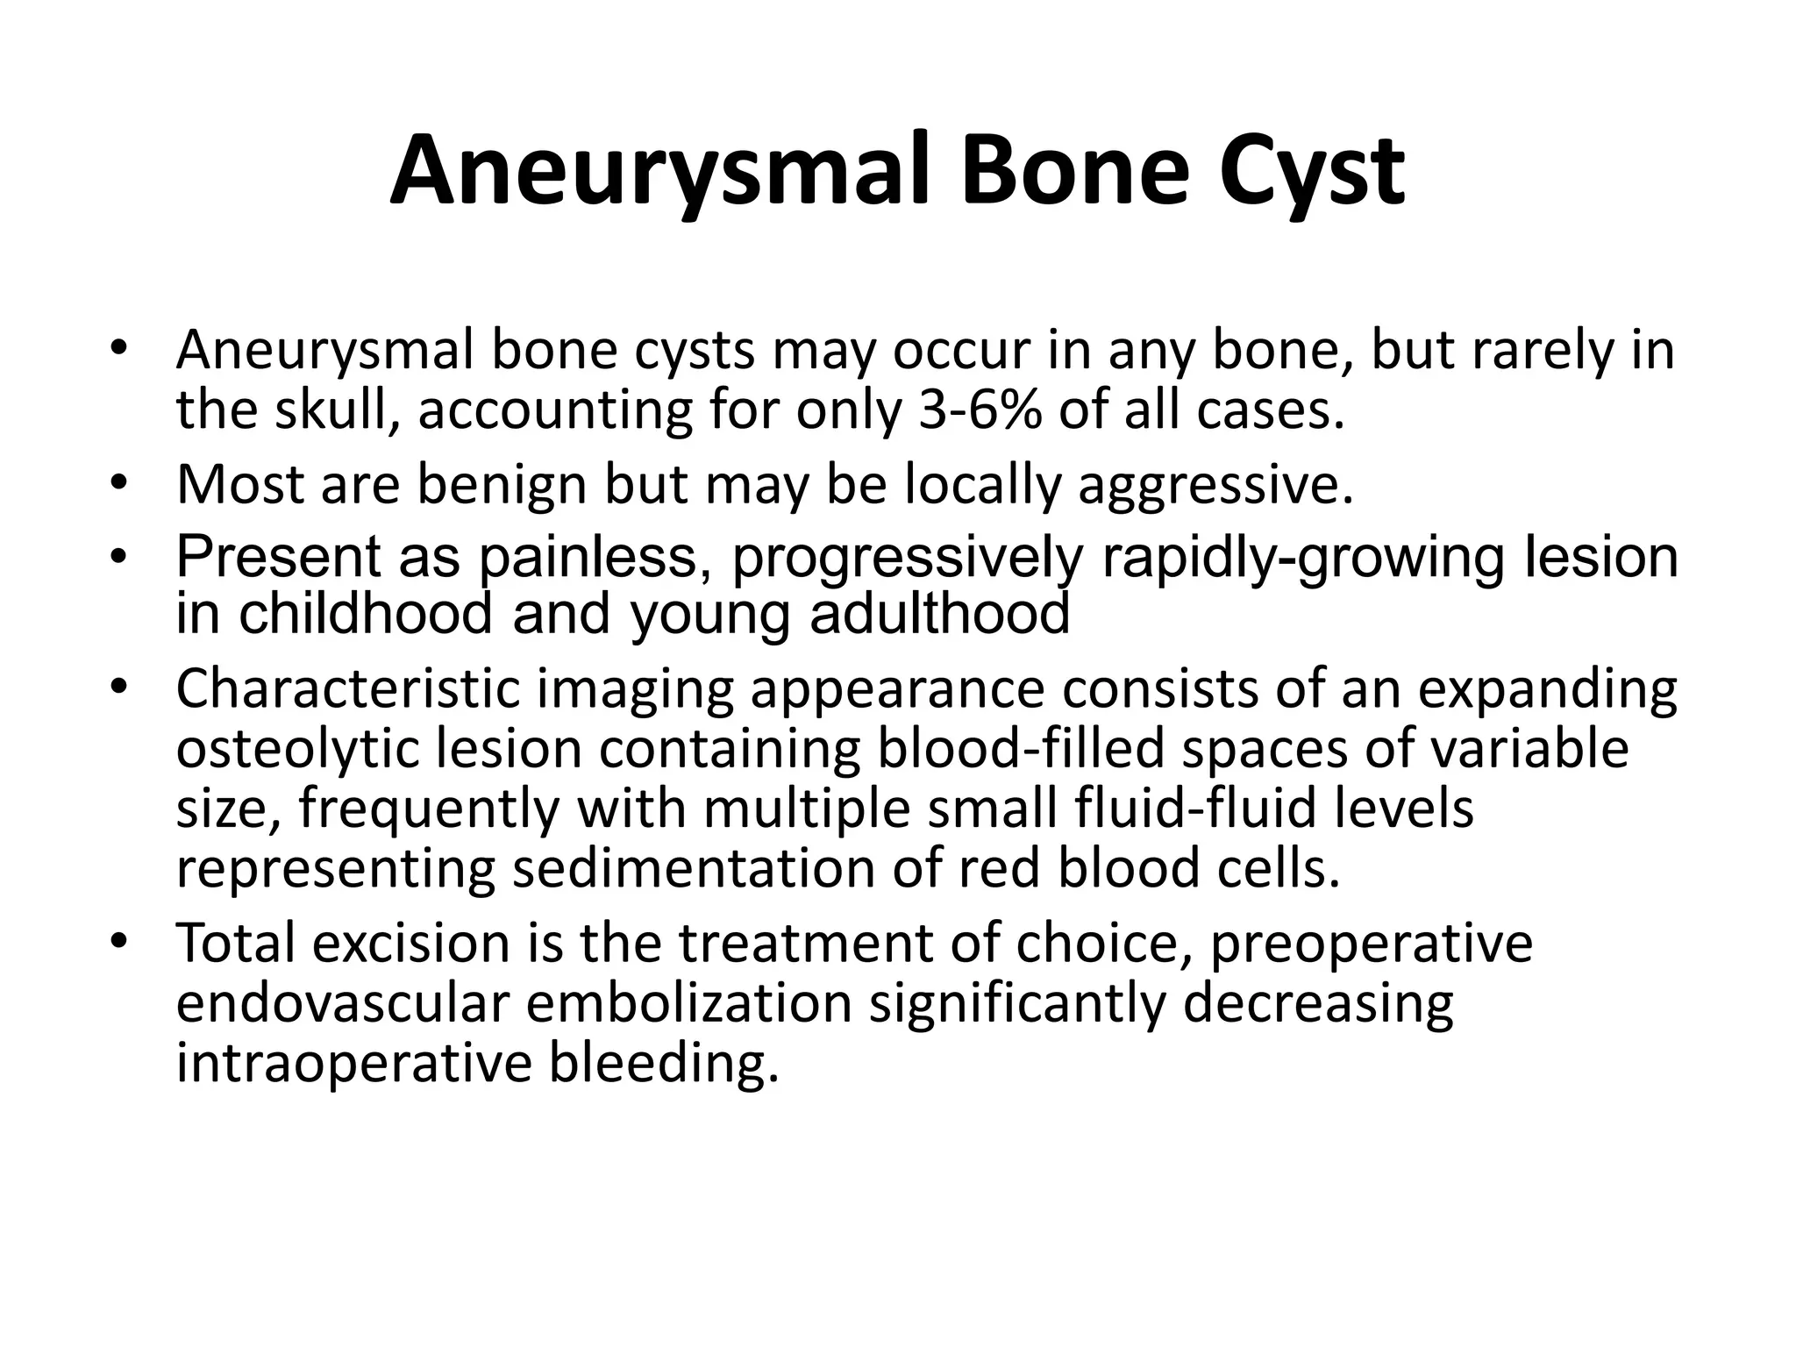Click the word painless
(x=594, y=558)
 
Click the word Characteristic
(x=348, y=689)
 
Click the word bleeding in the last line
(x=664, y=1063)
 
